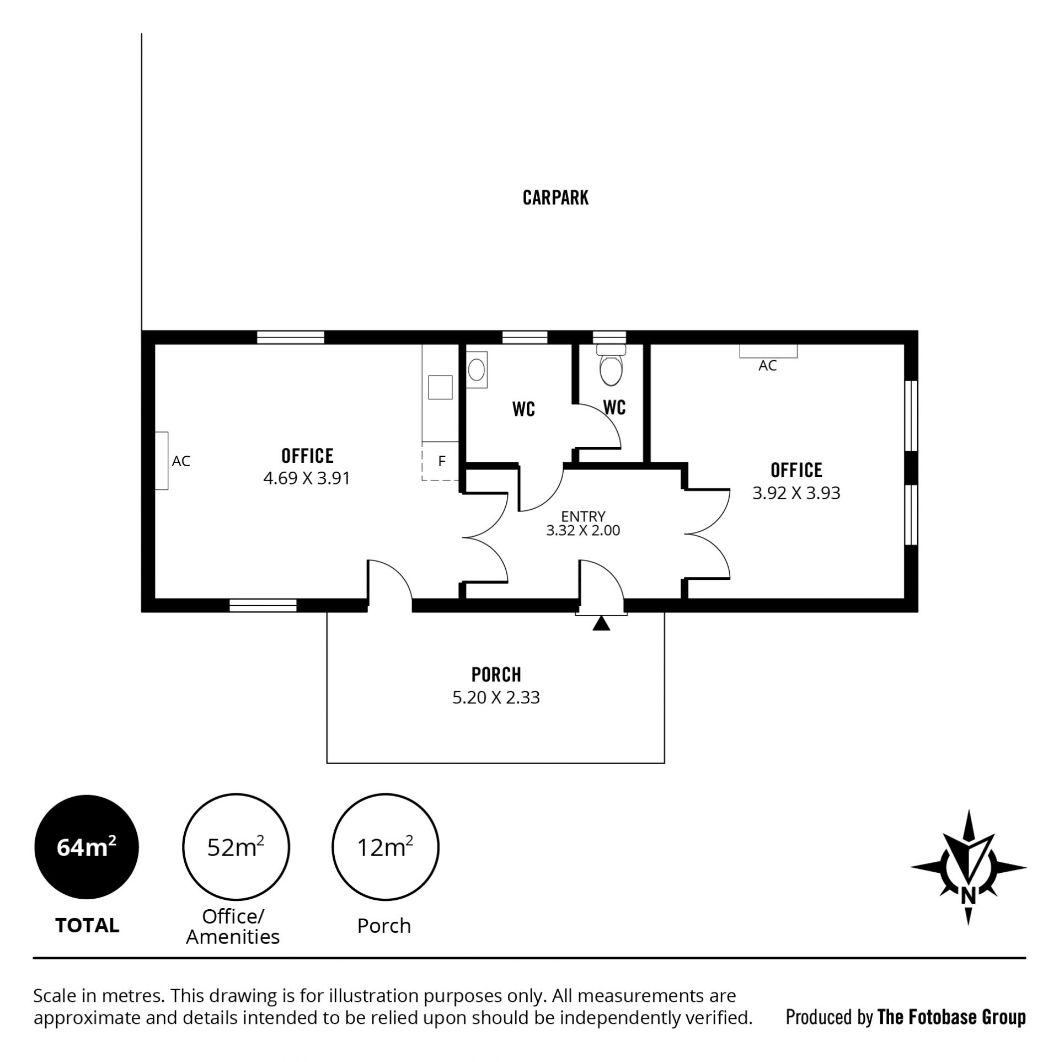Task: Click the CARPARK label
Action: click(x=555, y=198)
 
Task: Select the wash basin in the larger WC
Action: click(x=477, y=369)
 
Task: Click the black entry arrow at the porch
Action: click(x=601, y=623)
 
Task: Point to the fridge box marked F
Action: click(x=440, y=461)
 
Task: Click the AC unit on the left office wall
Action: click(x=161, y=461)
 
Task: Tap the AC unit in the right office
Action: click(x=768, y=351)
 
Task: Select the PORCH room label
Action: click(x=496, y=674)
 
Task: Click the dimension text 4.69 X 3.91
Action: click(x=307, y=478)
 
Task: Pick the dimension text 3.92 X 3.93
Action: click(x=796, y=493)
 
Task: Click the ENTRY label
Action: click(x=583, y=516)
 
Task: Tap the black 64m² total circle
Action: click(x=87, y=847)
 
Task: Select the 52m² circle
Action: click(x=236, y=847)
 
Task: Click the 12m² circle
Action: click(x=385, y=847)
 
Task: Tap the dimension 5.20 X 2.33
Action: click(x=496, y=697)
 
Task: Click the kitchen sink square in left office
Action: click(x=441, y=387)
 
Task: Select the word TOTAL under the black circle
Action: click(x=87, y=925)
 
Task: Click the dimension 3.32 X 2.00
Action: click(x=583, y=531)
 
